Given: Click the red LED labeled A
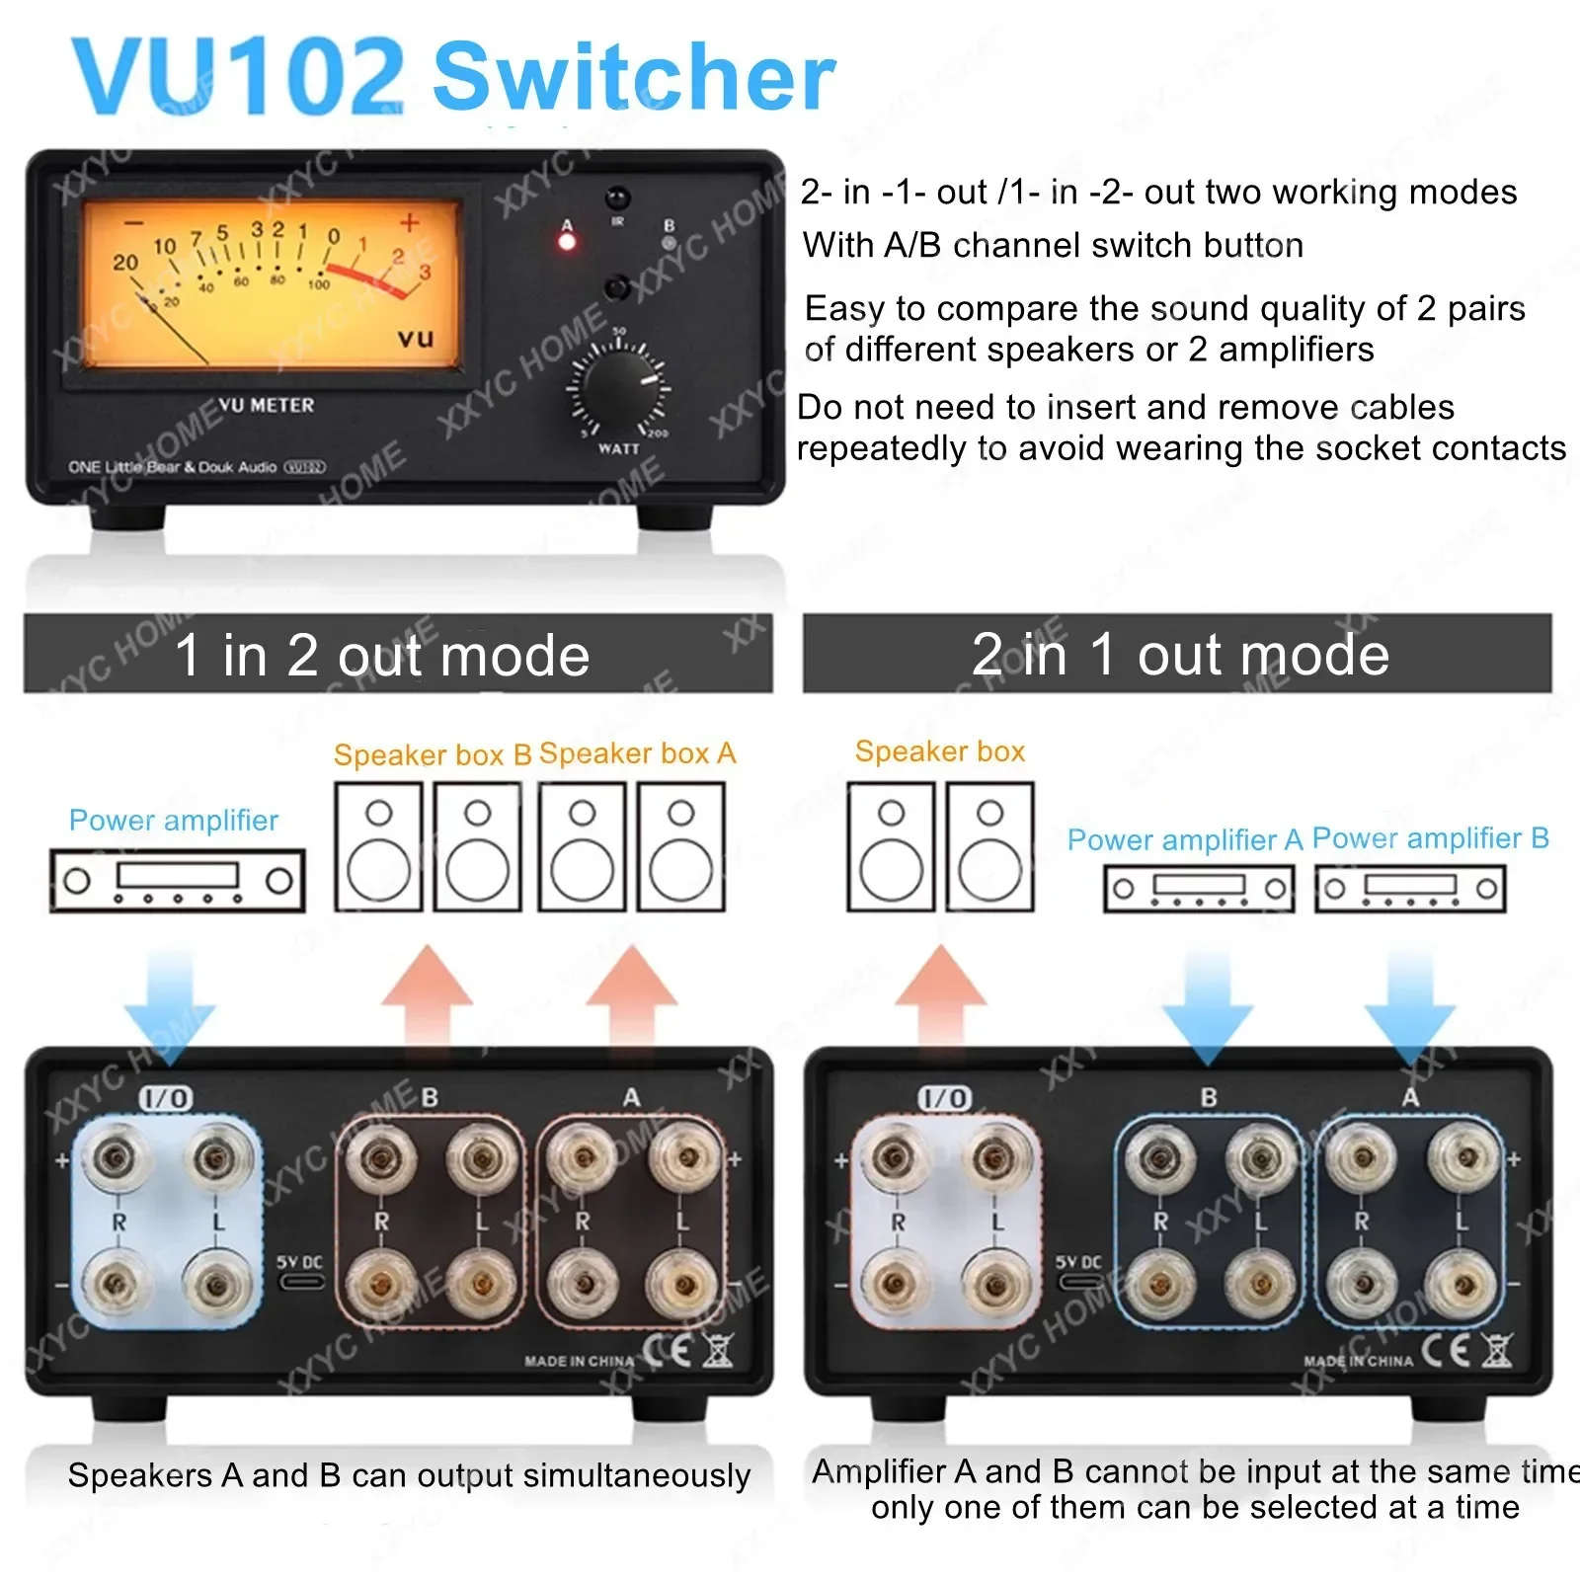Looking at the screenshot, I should [x=567, y=242].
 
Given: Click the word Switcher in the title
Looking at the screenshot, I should [x=634, y=77].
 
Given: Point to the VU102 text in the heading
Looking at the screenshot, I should [x=238, y=77].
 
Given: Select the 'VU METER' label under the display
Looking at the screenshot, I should [x=266, y=405].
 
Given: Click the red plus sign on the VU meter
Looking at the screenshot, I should [x=410, y=223].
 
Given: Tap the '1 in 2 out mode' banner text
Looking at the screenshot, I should [x=382, y=655].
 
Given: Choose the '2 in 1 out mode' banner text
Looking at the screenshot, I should [x=1180, y=654].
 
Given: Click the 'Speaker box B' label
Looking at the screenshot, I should [x=433, y=755].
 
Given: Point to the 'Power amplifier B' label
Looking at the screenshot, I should [x=1430, y=838].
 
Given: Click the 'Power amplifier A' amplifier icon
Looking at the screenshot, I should [x=1198, y=889].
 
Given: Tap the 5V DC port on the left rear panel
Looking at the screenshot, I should [x=300, y=1282].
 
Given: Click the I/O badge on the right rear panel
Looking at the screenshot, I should [x=945, y=1098].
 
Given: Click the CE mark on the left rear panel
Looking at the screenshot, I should [x=667, y=1351].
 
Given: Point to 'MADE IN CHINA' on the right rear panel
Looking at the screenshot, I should [x=1358, y=1361].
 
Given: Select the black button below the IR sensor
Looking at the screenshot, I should [x=617, y=287].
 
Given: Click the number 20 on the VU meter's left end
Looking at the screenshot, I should [x=125, y=263].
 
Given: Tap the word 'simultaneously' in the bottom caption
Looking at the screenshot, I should [x=637, y=1475].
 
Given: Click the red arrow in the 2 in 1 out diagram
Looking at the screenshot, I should [x=940, y=992].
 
